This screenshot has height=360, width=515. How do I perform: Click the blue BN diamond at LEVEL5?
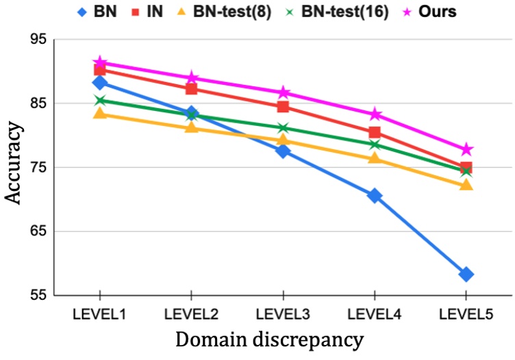466,274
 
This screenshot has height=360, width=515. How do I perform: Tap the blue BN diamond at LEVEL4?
375,195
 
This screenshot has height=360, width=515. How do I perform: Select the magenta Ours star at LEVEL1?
100,63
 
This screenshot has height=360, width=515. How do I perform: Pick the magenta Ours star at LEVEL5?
466,149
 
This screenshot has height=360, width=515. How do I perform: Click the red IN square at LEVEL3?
283,107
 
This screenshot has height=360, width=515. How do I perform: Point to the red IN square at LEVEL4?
375,132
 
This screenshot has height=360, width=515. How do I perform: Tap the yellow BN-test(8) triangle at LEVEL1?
100,113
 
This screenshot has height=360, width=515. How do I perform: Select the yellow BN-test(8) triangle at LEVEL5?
466,185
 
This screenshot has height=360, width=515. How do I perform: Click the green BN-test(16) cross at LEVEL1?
100,101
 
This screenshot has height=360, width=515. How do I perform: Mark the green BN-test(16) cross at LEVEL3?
283,128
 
